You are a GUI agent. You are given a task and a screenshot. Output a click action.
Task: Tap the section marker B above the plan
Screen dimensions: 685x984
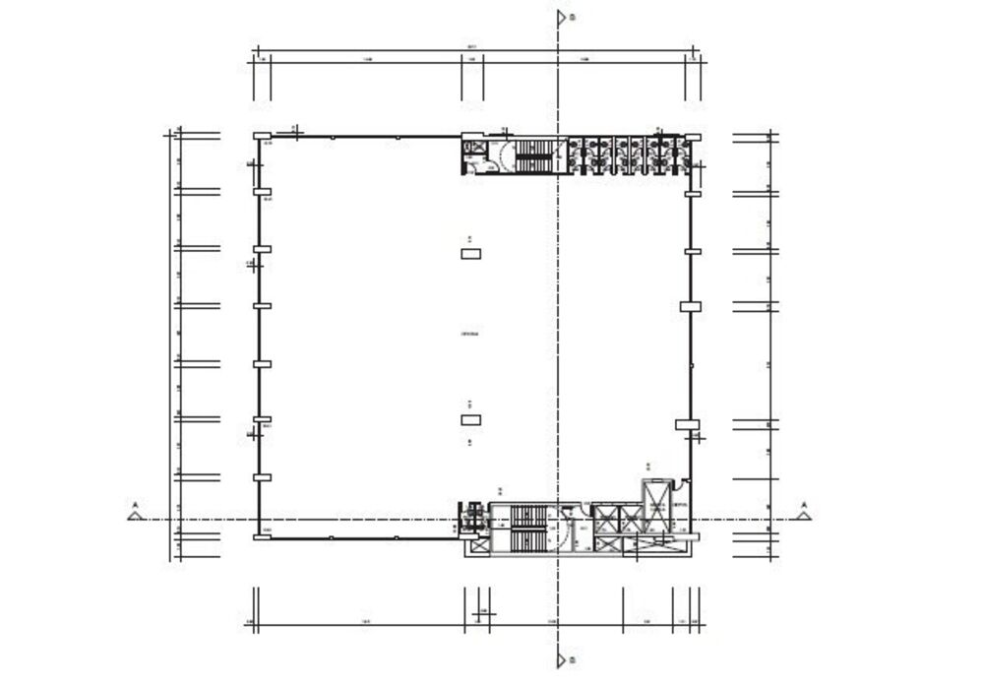562,17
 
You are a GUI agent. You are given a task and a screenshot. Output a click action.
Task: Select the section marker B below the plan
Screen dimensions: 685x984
562,658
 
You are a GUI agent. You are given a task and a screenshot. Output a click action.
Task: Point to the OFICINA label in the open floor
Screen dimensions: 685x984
470,335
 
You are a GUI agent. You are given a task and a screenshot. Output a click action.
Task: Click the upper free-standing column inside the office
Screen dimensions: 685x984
471,254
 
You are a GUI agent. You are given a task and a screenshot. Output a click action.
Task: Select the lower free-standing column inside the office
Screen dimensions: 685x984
471,420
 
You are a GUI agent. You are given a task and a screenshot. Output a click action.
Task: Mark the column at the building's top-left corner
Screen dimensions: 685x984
262,137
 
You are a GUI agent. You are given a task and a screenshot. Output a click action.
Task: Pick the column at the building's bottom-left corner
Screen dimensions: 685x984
262,536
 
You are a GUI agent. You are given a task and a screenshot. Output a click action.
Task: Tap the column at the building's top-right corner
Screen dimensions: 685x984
693,137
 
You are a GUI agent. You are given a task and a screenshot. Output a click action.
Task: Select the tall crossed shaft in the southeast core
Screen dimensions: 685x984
654,506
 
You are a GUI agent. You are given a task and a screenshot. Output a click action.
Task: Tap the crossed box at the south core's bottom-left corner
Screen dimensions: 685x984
479,546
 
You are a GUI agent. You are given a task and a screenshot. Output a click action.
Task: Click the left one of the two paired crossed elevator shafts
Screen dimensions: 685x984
603,518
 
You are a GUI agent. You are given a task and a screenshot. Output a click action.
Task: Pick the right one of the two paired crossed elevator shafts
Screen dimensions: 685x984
629,518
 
